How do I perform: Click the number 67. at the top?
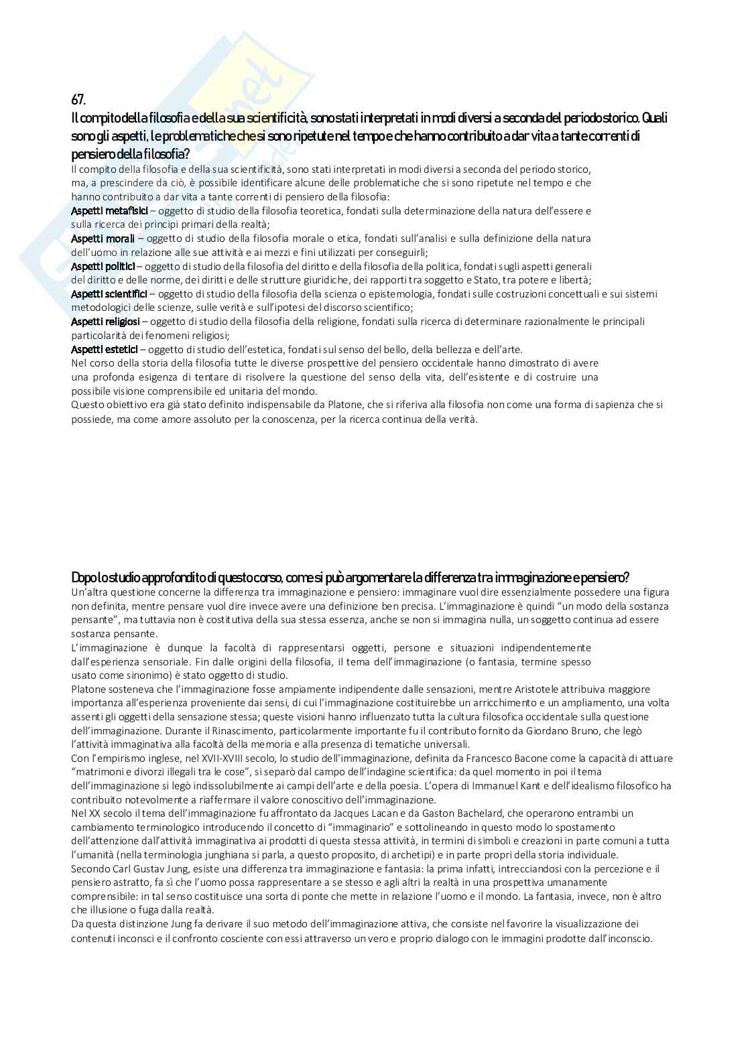click(78, 100)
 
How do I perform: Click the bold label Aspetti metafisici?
click(109, 210)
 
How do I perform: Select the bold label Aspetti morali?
click(103, 238)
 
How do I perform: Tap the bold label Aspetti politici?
click(103, 266)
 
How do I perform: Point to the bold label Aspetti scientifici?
click(109, 293)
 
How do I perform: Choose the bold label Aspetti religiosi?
click(106, 322)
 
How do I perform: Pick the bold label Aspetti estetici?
click(105, 349)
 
